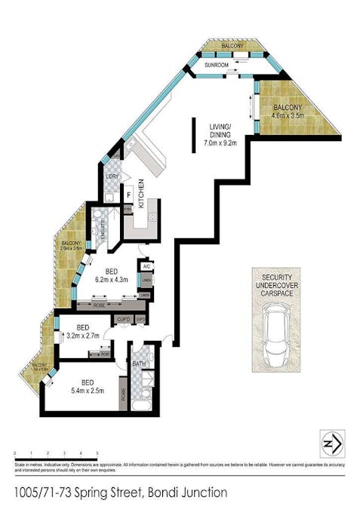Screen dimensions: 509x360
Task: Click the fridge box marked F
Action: coord(129,195)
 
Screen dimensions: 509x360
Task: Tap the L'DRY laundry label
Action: coord(112,176)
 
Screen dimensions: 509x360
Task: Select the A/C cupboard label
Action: coord(145,267)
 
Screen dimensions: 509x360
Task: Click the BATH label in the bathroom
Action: coord(138,363)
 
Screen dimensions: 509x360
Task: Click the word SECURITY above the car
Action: coord(275,276)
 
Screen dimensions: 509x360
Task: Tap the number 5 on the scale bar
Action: coord(97,453)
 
